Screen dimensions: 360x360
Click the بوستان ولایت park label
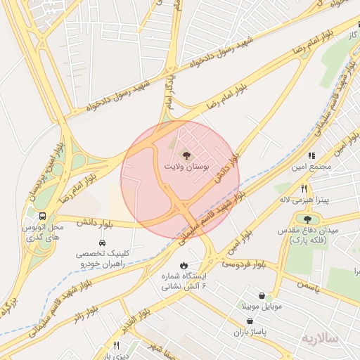(x=186, y=167)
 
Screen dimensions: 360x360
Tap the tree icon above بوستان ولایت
(x=186, y=155)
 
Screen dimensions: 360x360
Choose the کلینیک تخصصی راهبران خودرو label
(x=103, y=258)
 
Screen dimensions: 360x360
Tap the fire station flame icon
(x=184, y=265)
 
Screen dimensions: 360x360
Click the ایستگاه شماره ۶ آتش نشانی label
(x=184, y=281)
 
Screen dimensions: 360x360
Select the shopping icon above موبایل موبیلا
(x=262, y=296)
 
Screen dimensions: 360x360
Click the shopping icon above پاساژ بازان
(x=251, y=320)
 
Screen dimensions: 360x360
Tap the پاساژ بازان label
(x=251, y=331)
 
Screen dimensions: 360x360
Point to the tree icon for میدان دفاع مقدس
(x=308, y=219)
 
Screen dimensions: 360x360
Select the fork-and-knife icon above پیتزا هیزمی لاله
(x=304, y=188)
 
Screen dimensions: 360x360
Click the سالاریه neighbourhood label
(x=320, y=338)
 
